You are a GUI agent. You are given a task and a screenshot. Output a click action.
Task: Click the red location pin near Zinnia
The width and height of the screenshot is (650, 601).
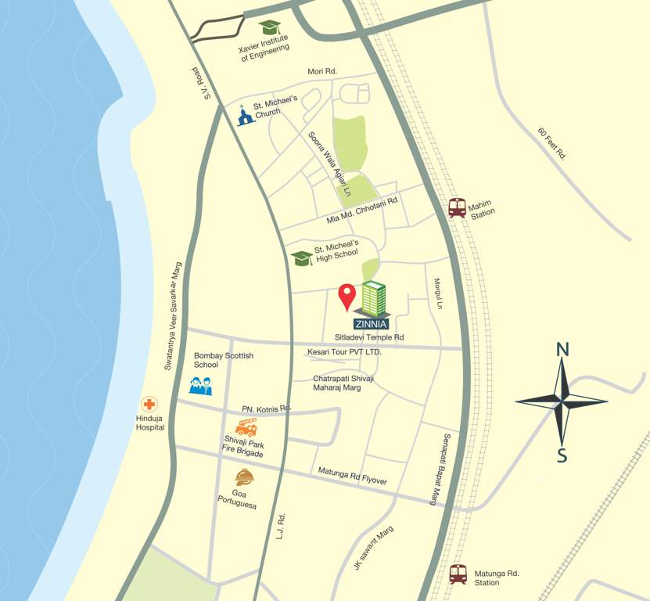pyautogui.click(x=347, y=295)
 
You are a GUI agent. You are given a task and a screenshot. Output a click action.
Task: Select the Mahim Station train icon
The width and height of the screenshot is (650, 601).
pyautogui.click(x=458, y=207)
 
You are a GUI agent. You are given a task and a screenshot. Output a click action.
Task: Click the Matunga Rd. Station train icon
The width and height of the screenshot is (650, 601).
pyautogui.click(x=458, y=574)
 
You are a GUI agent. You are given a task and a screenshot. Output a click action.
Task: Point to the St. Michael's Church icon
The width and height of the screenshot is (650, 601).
pyautogui.click(x=246, y=115)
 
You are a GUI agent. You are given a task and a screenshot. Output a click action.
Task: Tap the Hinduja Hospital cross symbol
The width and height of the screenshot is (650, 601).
pyautogui.click(x=148, y=405)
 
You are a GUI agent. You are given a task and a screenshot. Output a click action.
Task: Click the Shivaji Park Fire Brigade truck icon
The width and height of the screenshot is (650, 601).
pyautogui.click(x=246, y=427)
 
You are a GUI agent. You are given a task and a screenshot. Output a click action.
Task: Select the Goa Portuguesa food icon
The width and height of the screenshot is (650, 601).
pyautogui.click(x=244, y=477)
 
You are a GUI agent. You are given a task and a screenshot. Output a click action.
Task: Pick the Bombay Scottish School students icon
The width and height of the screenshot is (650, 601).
pyautogui.click(x=201, y=385)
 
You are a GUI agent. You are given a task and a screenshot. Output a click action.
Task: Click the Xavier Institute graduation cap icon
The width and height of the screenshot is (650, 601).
pyautogui.click(x=270, y=28)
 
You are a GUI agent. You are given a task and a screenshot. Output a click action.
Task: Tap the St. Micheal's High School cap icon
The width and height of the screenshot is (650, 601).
pyautogui.click(x=302, y=257)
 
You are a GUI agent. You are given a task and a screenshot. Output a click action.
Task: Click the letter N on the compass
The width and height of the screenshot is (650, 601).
pyautogui.click(x=562, y=350)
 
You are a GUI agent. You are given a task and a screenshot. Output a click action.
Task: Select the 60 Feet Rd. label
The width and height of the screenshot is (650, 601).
pyautogui.click(x=552, y=142)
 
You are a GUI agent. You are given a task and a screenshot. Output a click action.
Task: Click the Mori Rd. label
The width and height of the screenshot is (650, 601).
pyautogui.click(x=321, y=71)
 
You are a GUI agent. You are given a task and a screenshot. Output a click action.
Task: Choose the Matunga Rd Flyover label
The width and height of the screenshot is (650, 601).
pyautogui.click(x=352, y=476)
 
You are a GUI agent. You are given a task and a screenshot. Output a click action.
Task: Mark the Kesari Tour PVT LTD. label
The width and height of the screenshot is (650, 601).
pyautogui.click(x=344, y=352)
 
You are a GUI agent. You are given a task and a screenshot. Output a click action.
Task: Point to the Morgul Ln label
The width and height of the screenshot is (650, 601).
pyautogui.click(x=438, y=293)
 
